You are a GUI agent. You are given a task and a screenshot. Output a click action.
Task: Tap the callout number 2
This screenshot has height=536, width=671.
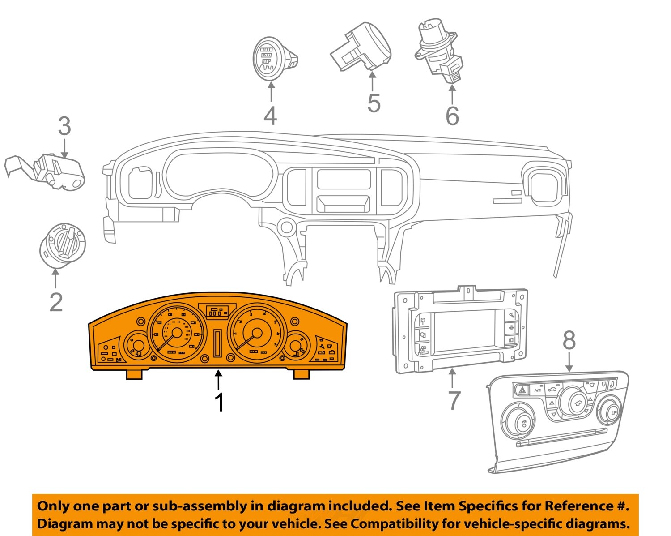coord(56,301)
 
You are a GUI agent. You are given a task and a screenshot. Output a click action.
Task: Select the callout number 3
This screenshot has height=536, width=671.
coord(64,126)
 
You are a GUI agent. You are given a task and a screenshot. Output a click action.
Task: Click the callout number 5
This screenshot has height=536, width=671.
coord(374,103)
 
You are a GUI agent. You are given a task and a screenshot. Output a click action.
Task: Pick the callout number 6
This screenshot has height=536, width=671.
coord(452,115)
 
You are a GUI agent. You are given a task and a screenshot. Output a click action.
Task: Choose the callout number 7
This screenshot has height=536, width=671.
coord(454,400)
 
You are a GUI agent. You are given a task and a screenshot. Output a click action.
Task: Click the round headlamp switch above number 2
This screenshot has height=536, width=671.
coord(63,245)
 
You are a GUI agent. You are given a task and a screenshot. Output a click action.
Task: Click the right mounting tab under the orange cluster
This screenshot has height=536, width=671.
coord(302,374)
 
